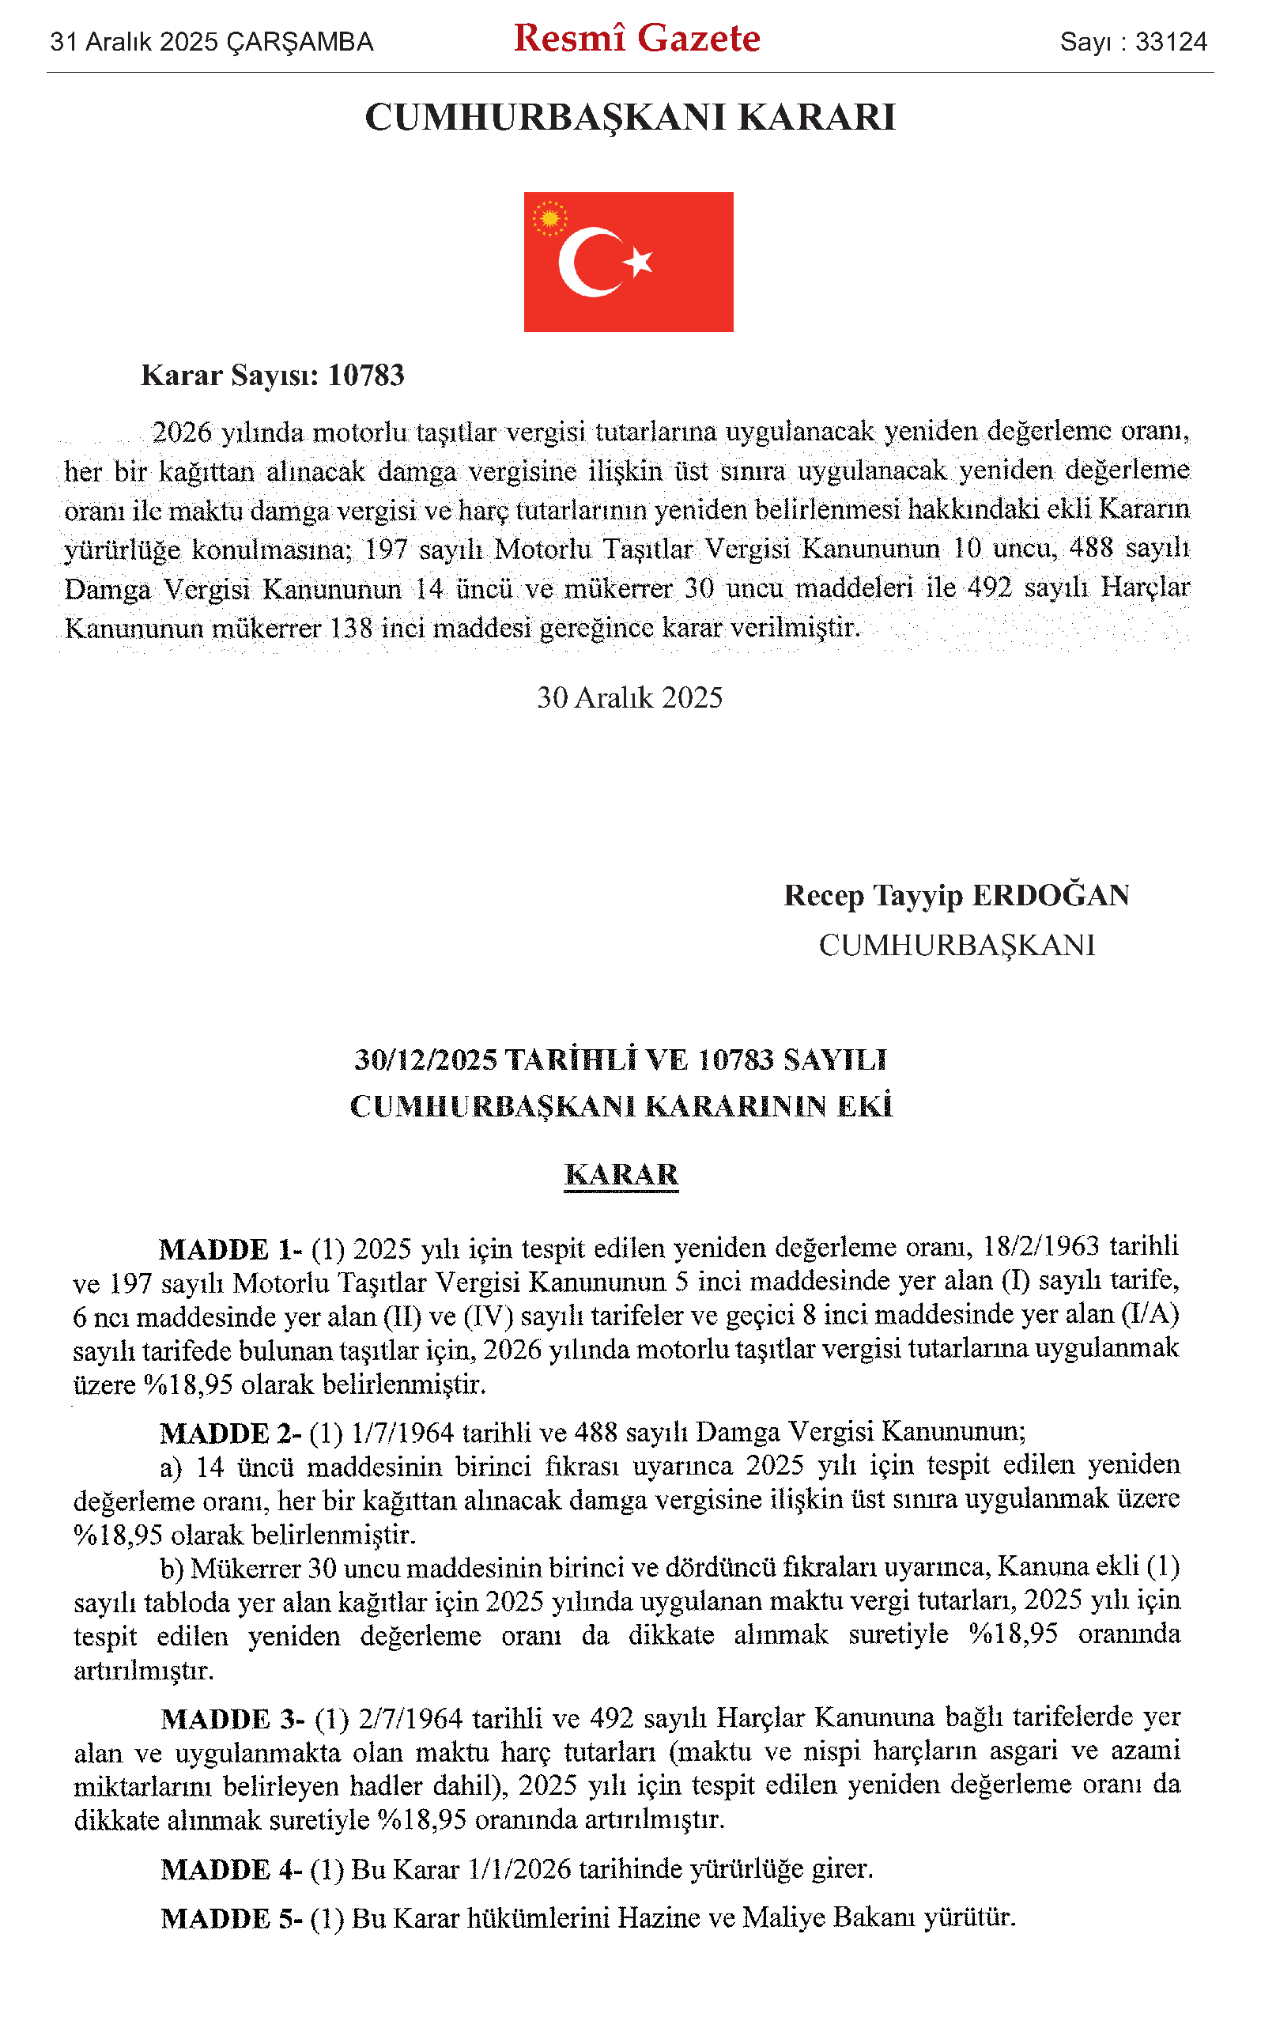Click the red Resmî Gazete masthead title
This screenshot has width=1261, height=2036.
click(636, 40)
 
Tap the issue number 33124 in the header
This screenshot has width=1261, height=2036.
click(1171, 42)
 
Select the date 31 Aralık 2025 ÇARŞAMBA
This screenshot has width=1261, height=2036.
click(212, 42)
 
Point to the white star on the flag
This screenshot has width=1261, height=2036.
click(639, 261)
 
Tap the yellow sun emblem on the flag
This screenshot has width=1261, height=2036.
click(549, 218)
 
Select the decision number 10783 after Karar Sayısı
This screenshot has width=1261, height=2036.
click(366, 376)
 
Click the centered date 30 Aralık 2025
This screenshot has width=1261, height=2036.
click(629, 697)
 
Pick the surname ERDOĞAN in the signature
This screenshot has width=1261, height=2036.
click(1051, 895)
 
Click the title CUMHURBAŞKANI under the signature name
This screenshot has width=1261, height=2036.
click(957, 945)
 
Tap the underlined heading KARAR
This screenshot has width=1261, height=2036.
click(621, 1174)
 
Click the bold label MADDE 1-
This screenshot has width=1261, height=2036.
click(230, 1249)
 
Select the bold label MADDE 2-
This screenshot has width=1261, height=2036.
click(230, 1433)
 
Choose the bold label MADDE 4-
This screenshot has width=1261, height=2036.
click(231, 1869)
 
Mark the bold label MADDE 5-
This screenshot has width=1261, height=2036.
click(231, 1918)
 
